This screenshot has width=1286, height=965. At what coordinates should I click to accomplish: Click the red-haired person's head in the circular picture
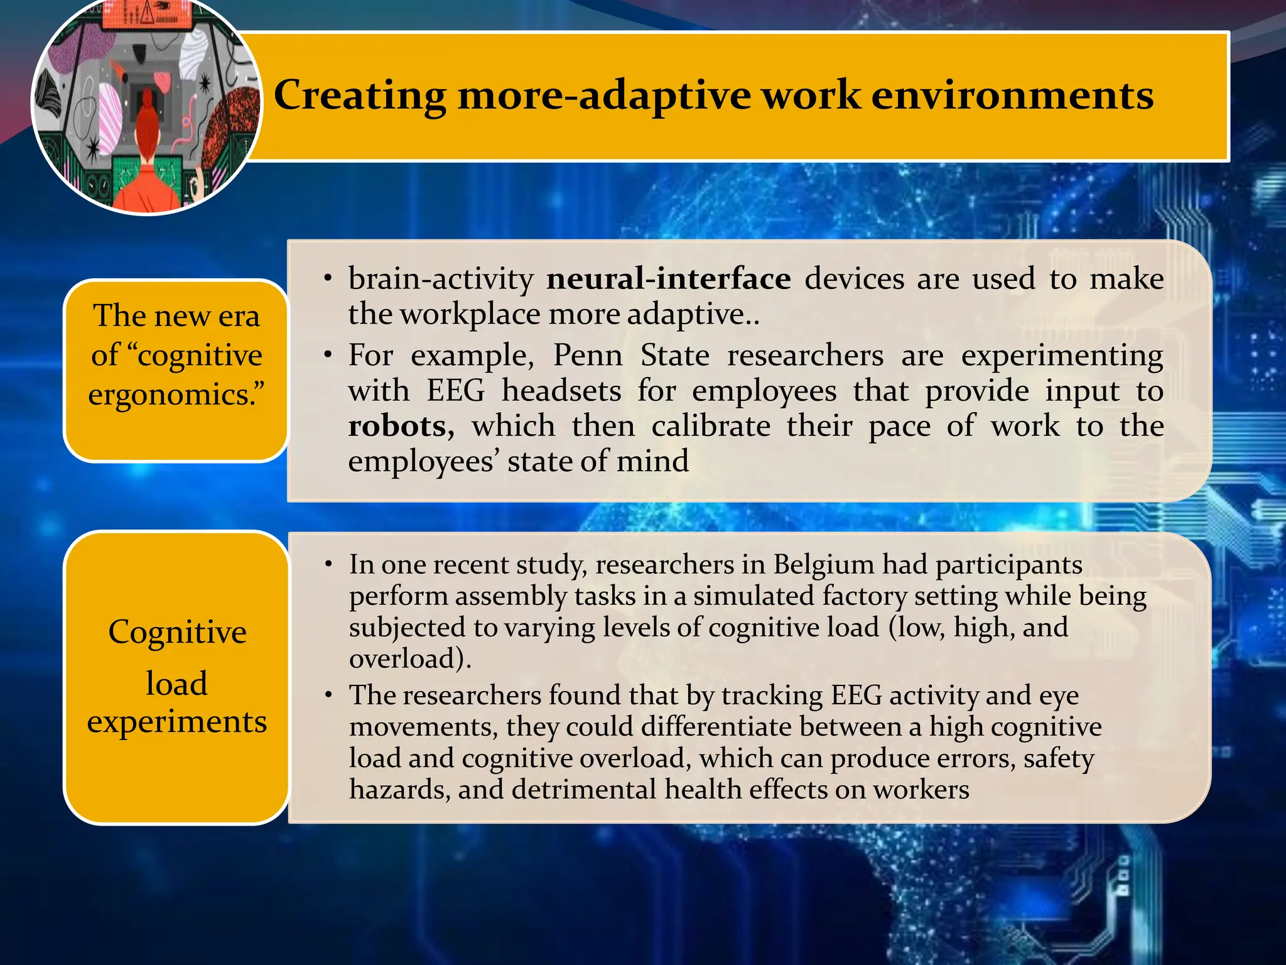[147, 110]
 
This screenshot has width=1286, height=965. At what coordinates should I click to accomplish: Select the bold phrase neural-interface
[668, 278]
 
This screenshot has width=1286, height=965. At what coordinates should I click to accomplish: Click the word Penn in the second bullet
[588, 356]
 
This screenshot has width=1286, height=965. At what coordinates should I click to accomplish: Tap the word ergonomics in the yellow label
[171, 395]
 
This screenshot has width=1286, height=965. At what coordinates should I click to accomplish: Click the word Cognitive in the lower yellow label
[177, 632]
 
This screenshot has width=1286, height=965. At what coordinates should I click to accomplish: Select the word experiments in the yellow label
[177, 721]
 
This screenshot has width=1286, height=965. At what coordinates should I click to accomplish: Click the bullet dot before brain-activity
[328, 278]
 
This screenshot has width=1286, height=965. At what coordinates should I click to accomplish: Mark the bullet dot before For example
[328, 356]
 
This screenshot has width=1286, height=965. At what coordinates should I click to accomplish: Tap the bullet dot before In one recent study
[328, 565]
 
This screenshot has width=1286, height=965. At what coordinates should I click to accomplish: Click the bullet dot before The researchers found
[328, 695]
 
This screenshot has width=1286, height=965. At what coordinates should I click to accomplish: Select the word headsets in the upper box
[561, 391]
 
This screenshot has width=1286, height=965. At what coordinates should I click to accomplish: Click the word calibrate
[711, 427]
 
